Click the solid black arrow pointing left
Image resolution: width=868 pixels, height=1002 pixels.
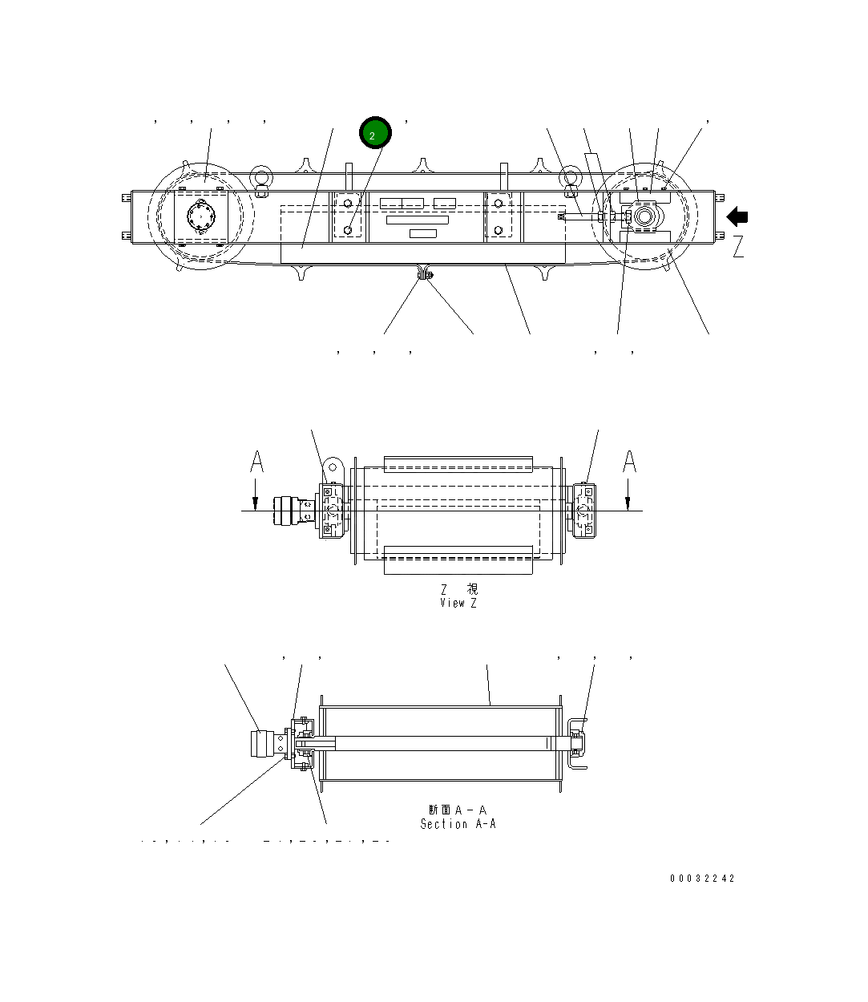tap(737, 217)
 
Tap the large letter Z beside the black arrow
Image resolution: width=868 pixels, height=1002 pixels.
tap(738, 246)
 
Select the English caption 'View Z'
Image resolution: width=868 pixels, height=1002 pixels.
tap(458, 603)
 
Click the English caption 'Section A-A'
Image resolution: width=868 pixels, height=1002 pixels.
tap(458, 823)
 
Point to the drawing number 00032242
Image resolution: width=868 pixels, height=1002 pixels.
tap(702, 878)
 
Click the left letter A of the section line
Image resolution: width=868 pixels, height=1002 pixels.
tap(256, 463)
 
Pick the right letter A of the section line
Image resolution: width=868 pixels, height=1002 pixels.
tap(630, 463)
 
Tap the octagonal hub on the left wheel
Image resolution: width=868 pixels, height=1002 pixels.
tap(200, 216)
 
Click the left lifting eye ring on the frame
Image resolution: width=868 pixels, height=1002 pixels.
tap(261, 177)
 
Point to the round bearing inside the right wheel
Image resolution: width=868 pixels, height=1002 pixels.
tap(644, 216)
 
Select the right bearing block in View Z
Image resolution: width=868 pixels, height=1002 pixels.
tap(584, 510)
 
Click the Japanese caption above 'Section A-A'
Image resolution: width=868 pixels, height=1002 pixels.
tap(458, 810)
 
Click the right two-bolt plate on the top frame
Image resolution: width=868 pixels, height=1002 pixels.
tap(499, 216)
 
